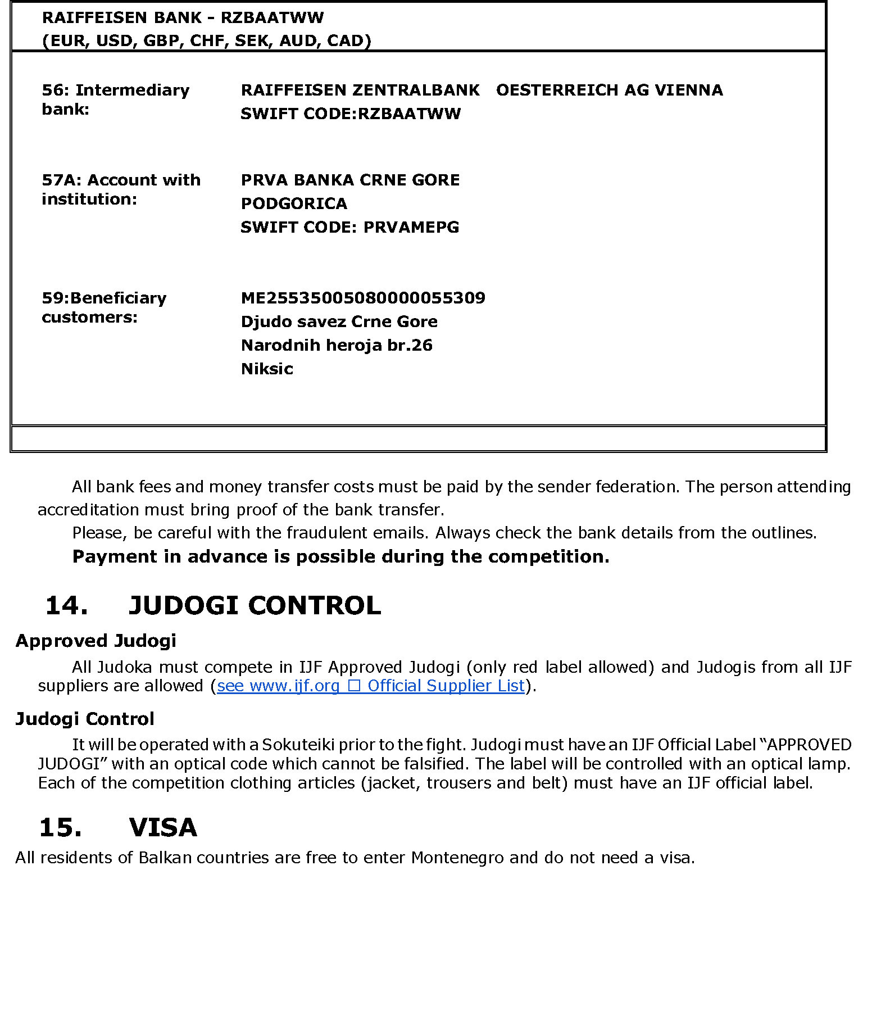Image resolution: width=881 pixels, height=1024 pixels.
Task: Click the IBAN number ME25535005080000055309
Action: pos(362,298)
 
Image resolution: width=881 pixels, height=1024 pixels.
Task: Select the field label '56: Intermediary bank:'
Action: pos(115,99)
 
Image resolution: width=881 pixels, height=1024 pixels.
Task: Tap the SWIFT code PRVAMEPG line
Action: pos(349,227)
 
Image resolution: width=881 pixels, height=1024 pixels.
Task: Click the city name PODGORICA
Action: pos(294,203)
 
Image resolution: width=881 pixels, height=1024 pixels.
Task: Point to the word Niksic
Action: pos(267,369)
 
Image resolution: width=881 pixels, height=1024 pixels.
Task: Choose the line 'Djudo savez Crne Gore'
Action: pos(339,321)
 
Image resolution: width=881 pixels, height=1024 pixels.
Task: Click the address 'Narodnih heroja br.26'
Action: pos(337,345)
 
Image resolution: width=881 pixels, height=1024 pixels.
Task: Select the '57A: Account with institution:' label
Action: pos(121,189)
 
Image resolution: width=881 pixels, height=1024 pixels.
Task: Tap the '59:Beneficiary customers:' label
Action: pos(104,307)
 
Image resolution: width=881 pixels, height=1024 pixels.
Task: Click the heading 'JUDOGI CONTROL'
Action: pos(255,605)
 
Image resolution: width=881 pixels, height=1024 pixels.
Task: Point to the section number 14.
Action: pos(66,605)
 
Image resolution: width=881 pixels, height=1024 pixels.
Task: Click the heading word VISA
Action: pos(163,827)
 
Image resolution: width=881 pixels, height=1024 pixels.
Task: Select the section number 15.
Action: pos(60,827)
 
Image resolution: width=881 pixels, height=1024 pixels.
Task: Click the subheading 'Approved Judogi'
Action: pos(96,641)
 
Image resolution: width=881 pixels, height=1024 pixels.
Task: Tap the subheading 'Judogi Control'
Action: pos(84,719)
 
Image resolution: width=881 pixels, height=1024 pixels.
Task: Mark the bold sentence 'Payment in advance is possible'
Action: pos(340,556)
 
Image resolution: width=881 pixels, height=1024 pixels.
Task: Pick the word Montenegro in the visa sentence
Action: pos(457,858)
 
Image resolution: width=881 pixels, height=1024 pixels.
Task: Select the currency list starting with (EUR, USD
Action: pos(206,40)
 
